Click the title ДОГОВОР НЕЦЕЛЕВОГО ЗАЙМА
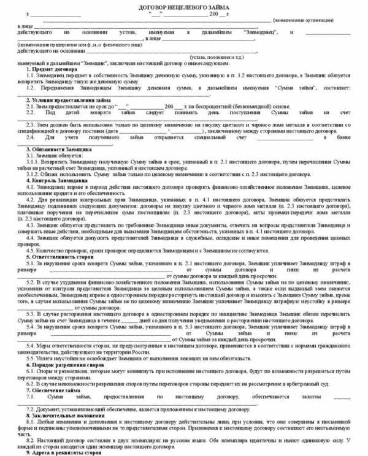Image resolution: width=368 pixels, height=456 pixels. point(184,6)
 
